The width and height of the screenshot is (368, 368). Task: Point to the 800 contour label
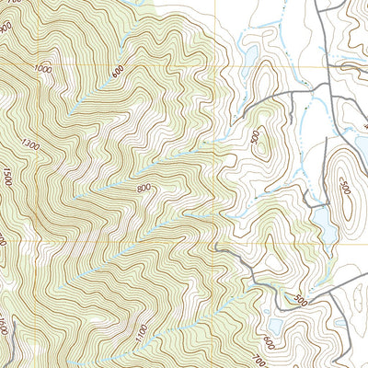coord(143,189)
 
